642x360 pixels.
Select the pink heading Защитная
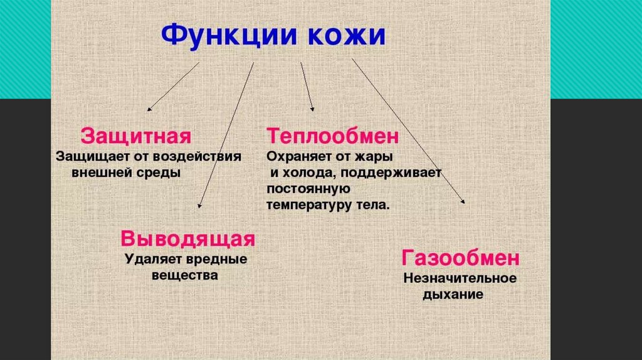pyautogui.click(x=136, y=136)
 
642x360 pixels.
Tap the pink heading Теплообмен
pyautogui.click(x=333, y=136)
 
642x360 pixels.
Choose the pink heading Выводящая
pyautogui.click(x=188, y=239)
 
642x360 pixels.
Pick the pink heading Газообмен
pyautogui.click(x=461, y=258)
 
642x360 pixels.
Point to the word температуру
pyautogui.click(x=307, y=205)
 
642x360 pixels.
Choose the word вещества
pyautogui.click(x=185, y=275)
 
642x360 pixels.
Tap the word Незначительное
pyautogui.click(x=460, y=278)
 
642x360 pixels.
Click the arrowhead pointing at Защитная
pyautogui.click(x=149, y=110)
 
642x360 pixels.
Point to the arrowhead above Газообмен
pyautogui.click(x=463, y=202)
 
